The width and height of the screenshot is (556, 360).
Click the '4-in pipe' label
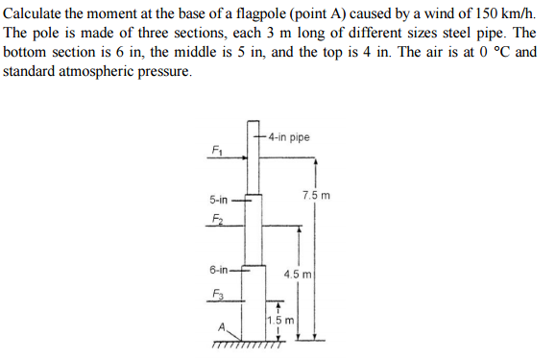pos(289,137)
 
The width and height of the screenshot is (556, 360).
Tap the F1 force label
pos(216,150)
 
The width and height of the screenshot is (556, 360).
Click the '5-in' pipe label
pos(218,200)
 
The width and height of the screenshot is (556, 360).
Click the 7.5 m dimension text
pos(316,195)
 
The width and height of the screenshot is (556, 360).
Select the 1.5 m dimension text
pos(280,319)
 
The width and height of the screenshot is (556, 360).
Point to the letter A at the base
pos(222,326)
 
